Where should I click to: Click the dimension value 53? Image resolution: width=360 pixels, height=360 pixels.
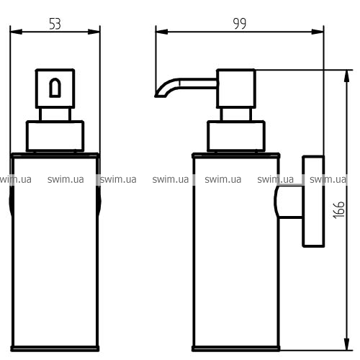pos(55,24)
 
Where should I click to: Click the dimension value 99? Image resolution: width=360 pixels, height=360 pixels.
pos(240,24)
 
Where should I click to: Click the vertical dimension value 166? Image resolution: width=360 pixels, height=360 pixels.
pos(339,210)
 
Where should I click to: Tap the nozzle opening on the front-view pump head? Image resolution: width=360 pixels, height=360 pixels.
pos(55,88)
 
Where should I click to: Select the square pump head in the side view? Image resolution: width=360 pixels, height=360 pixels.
pos(236,89)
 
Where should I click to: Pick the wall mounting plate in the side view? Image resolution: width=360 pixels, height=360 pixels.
pos(313,201)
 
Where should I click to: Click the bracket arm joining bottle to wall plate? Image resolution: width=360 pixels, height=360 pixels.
pos(289,202)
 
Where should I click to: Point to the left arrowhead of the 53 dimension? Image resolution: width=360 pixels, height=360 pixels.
pos(17,32)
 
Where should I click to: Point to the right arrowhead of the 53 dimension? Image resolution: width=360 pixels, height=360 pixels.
pos(94,32)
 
